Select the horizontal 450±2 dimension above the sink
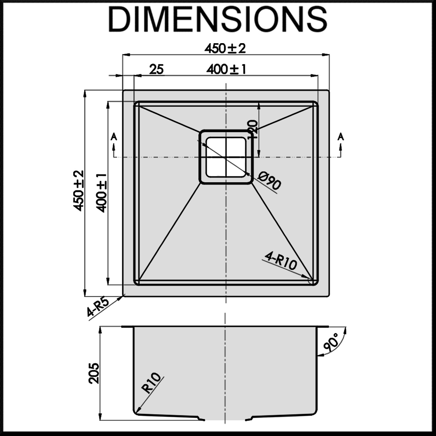[225, 48]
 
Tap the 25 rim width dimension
[156, 69]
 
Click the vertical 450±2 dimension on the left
[79, 191]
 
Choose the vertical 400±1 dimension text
[102, 192]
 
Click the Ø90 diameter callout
[269, 181]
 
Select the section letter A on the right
[341, 137]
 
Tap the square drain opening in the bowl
[225, 157]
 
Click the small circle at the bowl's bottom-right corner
[312, 281]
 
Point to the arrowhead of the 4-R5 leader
[124, 296]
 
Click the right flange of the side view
[323, 327]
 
